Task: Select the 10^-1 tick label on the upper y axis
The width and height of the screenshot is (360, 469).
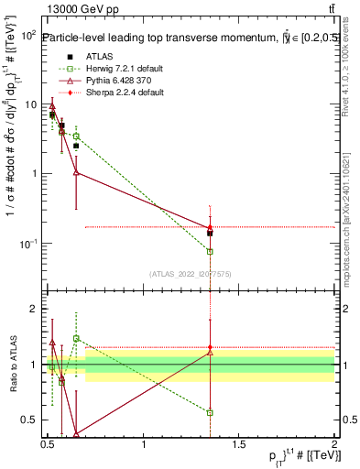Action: click(x=27, y=244)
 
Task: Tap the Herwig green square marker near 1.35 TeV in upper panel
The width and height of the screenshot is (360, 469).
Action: click(x=211, y=251)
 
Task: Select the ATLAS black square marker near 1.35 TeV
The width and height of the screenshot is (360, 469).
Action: click(x=211, y=233)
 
